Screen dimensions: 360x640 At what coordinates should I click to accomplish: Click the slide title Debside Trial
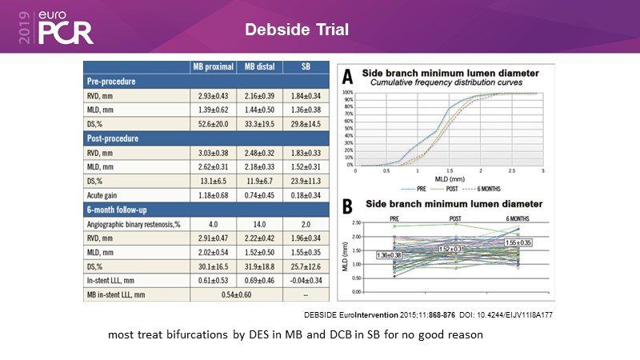click(x=296, y=31)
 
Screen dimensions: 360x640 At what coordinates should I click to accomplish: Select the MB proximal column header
click(x=215, y=66)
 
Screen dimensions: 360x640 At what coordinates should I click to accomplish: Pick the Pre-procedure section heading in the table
click(x=112, y=81)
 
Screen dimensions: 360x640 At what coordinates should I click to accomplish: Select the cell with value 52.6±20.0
click(x=215, y=124)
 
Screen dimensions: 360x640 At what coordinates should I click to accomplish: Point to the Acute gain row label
click(x=106, y=196)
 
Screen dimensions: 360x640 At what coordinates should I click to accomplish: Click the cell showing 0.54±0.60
click(x=238, y=296)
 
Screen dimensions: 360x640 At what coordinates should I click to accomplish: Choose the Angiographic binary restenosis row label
click(x=135, y=225)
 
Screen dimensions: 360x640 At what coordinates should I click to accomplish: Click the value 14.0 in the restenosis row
click(x=261, y=225)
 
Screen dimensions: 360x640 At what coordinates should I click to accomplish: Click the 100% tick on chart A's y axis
click(x=349, y=93)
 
